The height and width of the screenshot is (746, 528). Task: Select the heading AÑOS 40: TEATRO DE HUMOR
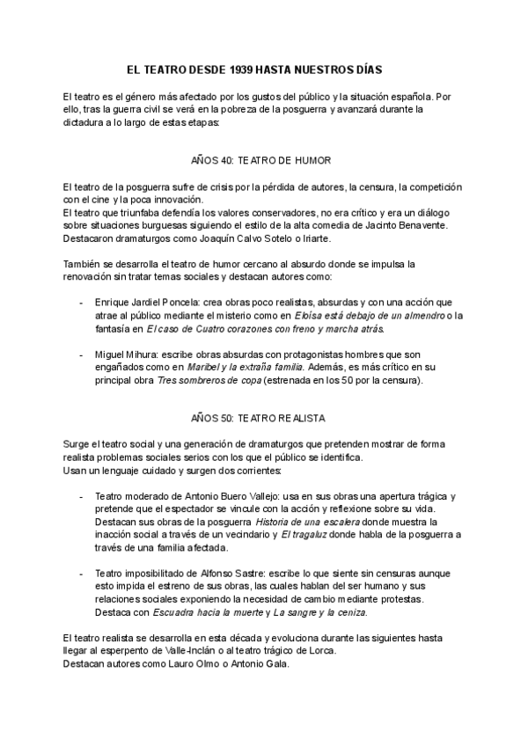click(x=260, y=161)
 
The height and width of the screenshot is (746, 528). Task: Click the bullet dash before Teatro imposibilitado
click(x=82, y=573)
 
